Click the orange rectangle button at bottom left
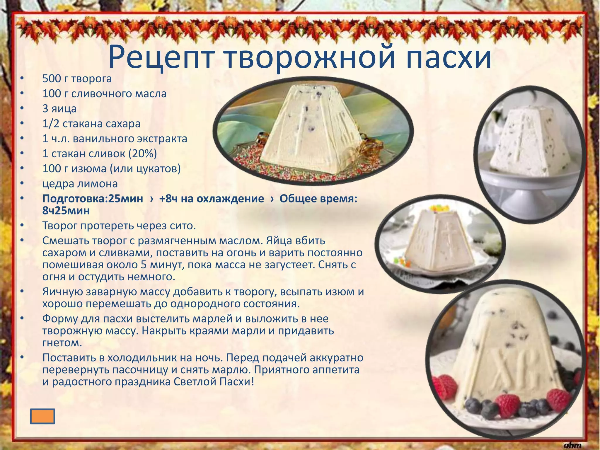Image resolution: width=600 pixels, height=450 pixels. click(42, 416)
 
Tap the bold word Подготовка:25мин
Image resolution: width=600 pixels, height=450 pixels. click(93, 199)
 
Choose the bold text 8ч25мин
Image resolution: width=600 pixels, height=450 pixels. click(66, 211)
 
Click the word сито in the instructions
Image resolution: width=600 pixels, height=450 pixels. click(182, 226)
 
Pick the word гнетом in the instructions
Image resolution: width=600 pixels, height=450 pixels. click(62, 343)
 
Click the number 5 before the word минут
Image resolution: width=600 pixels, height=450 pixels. click(144, 265)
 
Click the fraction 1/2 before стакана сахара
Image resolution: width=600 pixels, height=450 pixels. click(51, 124)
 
